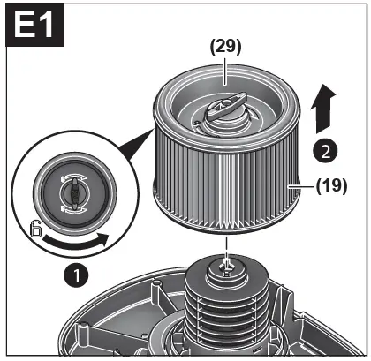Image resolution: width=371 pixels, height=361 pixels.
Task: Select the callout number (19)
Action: coord(332,186)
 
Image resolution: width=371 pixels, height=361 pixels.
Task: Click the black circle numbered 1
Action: coord(79,275)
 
